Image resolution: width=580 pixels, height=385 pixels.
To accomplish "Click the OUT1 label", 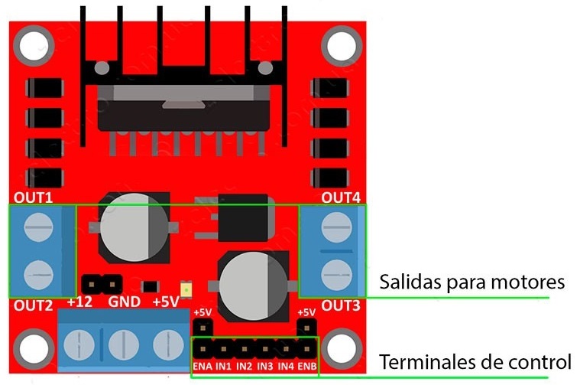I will (x=33, y=197).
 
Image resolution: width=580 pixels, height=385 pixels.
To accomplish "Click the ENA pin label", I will (x=203, y=367).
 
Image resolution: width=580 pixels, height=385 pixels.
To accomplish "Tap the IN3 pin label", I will (x=265, y=367).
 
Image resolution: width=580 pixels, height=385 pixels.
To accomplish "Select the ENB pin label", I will (x=306, y=367).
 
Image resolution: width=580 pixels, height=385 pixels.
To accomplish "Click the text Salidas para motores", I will (x=471, y=282).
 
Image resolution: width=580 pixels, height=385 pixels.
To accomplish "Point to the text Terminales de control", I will (x=475, y=361).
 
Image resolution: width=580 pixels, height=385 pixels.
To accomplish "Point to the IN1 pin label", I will (x=224, y=367).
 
